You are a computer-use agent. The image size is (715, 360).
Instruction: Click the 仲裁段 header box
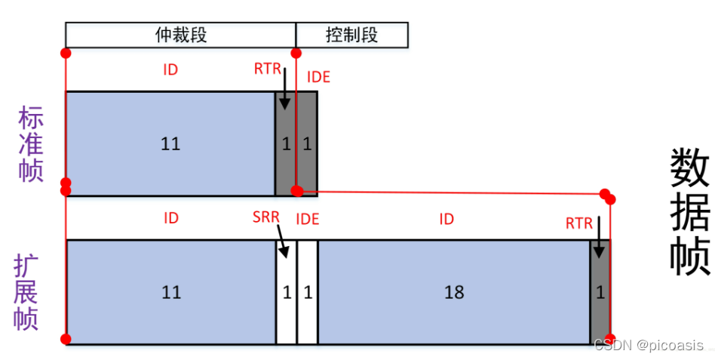(x=180, y=35)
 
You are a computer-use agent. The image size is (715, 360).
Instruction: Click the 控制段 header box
(x=351, y=35)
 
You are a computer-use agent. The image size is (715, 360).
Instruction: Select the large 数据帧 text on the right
(x=689, y=212)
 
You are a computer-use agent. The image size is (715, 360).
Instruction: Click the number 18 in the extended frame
(x=454, y=293)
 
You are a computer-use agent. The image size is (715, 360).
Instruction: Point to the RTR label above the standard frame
(x=267, y=69)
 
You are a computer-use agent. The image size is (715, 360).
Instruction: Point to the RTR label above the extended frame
(x=579, y=223)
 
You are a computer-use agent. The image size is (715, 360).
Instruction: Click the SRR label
(x=265, y=219)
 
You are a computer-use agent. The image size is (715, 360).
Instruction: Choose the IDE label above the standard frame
(x=318, y=77)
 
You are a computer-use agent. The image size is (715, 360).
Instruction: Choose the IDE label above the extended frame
(x=308, y=219)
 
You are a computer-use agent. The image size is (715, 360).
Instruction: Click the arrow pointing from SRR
(x=282, y=242)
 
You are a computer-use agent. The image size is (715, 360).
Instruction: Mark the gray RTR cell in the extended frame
(x=600, y=293)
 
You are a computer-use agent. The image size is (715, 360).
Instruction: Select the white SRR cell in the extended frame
(x=286, y=293)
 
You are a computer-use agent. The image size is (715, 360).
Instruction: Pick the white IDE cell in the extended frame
(x=307, y=293)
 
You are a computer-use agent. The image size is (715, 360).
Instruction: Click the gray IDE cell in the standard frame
(x=307, y=143)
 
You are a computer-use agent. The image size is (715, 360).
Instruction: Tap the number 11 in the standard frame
(x=170, y=143)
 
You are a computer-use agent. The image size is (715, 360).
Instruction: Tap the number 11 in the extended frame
(x=171, y=293)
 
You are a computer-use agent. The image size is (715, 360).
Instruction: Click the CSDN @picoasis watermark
(x=648, y=346)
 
